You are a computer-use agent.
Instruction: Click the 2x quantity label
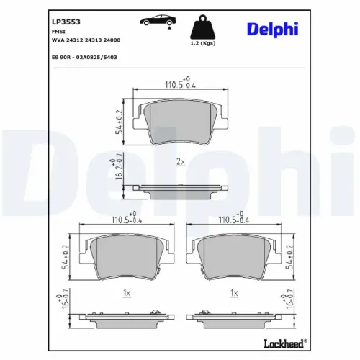[180, 163]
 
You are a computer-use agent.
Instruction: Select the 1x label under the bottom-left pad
[126, 294]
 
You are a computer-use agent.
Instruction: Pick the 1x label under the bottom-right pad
[233, 294]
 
